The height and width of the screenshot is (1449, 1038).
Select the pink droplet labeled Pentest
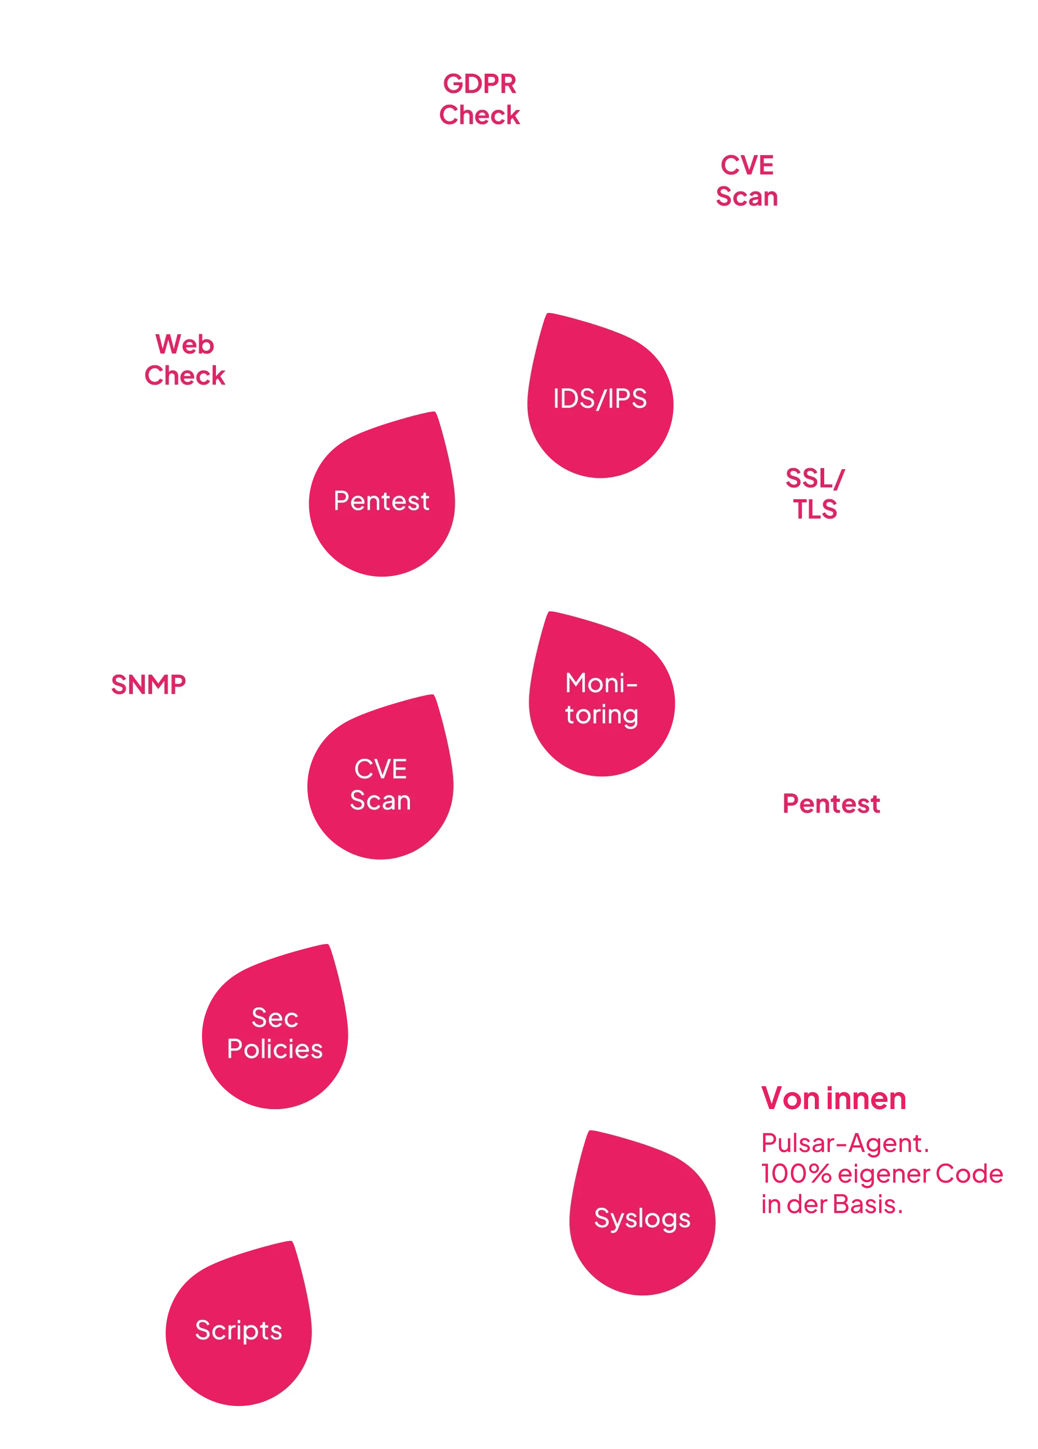(381, 501)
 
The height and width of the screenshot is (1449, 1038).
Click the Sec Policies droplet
(275, 1033)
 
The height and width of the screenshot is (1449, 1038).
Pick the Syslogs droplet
(642, 1219)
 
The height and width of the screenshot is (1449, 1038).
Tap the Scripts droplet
(238, 1330)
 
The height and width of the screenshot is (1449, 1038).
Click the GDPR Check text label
(479, 99)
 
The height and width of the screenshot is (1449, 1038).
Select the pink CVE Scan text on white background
(747, 181)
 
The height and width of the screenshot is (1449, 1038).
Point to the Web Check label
(185, 360)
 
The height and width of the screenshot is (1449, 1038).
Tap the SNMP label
(148, 684)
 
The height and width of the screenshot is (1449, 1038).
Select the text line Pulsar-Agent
(843, 1143)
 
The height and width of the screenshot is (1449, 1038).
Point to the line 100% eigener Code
(881, 1173)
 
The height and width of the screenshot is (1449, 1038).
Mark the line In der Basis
(831, 1205)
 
